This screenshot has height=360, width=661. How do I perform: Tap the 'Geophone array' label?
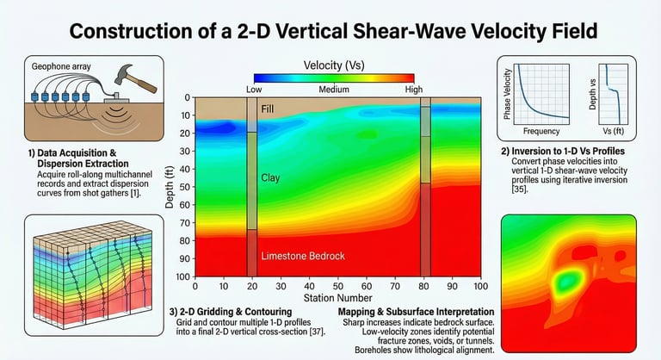coord(59,65)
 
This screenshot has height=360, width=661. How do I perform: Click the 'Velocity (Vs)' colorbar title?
coord(334,65)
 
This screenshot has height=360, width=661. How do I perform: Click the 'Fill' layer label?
coord(269,109)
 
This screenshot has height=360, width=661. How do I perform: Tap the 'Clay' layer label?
coord(271,177)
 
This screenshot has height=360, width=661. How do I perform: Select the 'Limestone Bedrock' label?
coord(302,257)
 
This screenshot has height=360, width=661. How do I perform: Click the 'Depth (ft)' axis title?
coord(162,187)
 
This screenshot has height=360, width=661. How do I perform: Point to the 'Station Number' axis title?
coord(337,298)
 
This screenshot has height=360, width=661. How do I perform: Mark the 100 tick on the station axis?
coord(479,286)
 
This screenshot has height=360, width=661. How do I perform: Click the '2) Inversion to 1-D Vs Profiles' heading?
coord(571,152)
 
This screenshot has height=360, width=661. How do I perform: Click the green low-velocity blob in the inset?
coord(565,280)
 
